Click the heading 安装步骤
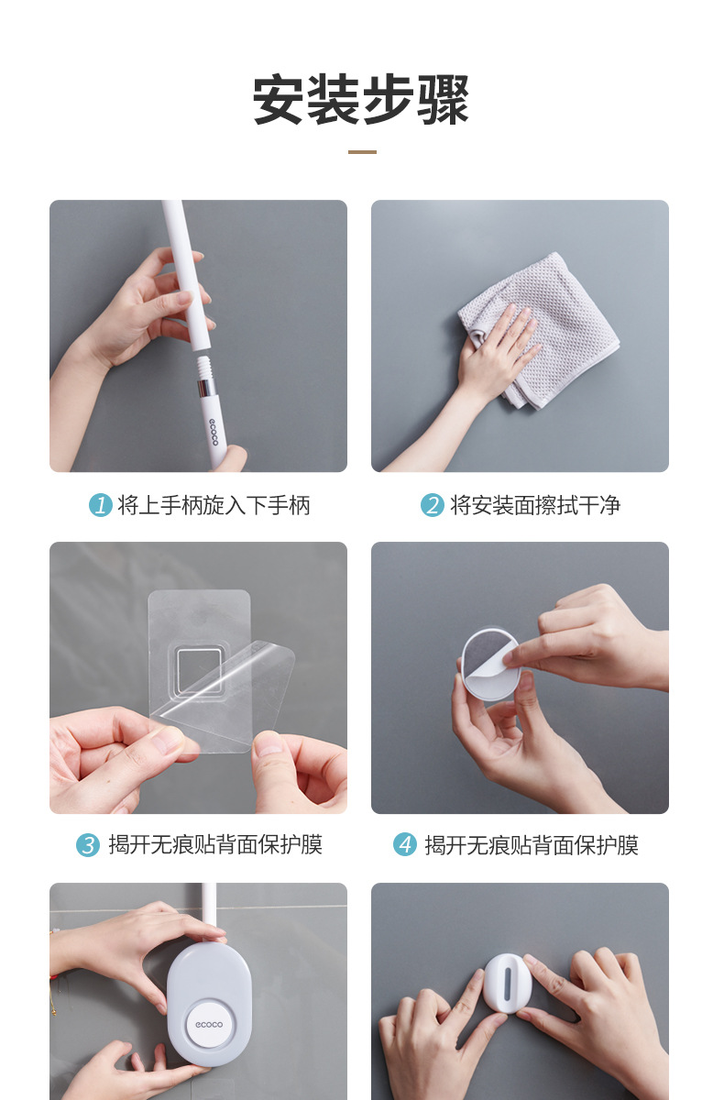click(x=361, y=100)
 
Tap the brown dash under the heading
click(x=362, y=152)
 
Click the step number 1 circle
click(x=100, y=505)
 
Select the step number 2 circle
click(x=432, y=505)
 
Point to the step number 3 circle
click(x=87, y=845)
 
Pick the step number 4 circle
click(x=405, y=845)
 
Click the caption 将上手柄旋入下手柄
click(x=214, y=505)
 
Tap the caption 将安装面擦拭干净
click(x=534, y=505)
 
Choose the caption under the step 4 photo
click(x=532, y=845)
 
